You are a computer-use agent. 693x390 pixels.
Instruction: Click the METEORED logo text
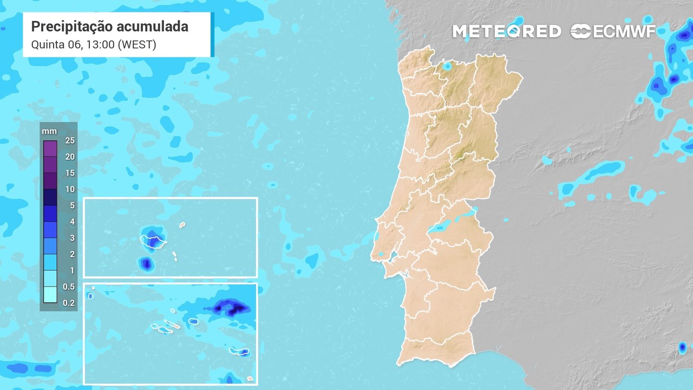click(x=506, y=31)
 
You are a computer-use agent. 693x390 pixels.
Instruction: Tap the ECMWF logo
click(x=613, y=31)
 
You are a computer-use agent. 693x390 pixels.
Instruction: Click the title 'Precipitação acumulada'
click(x=110, y=27)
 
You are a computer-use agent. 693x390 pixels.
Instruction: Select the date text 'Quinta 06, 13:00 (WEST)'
click(x=94, y=44)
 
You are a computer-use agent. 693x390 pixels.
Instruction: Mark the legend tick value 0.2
click(x=69, y=303)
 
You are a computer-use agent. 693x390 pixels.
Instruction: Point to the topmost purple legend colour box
click(x=50, y=148)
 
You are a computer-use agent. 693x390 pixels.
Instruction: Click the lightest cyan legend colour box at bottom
click(x=50, y=295)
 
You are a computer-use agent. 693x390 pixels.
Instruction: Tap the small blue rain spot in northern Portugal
click(x=447, y=66)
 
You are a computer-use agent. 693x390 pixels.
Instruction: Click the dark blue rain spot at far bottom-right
click(x=682, y=347)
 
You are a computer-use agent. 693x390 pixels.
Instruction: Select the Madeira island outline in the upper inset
click(x=153, y=240)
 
